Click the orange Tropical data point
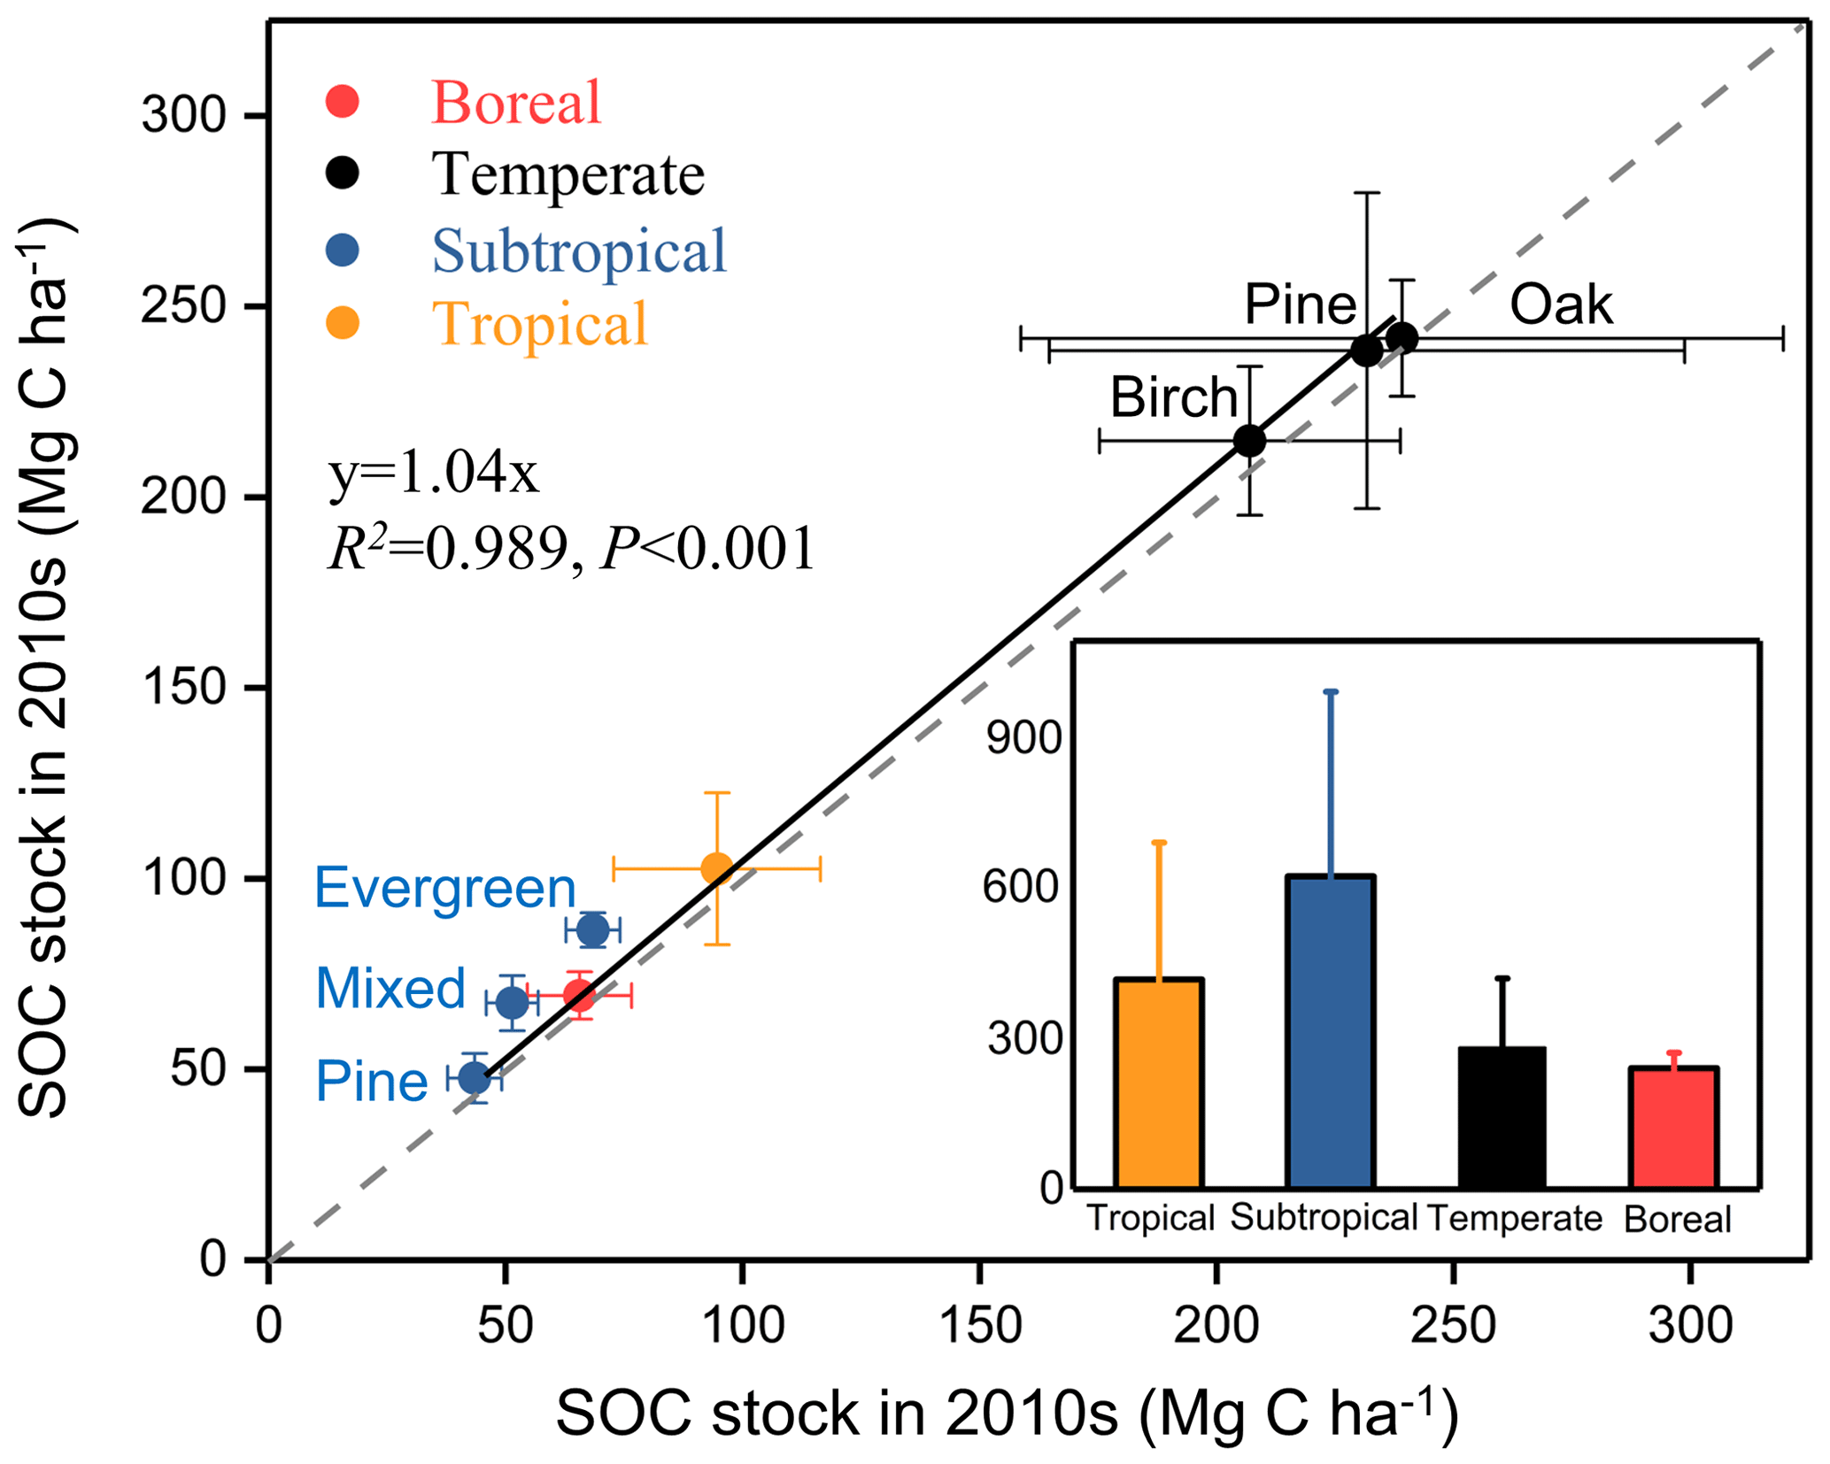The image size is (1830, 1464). (716, 868)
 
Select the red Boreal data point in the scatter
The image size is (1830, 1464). (579, 996)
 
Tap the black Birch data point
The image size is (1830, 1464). (1249, 440)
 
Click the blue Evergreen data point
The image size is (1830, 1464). (593, 930)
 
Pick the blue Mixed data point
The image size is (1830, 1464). (512, 1003)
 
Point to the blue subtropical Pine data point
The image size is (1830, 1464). (475, 1078)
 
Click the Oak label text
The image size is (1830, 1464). (1561, 305)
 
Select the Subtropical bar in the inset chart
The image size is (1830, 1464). (1331, 1031)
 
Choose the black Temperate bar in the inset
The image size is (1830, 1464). (1502, 1117)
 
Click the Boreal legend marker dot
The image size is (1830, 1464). (343, 101)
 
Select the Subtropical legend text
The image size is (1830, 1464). (579, 250)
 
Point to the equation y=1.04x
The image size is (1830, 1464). (433, 474)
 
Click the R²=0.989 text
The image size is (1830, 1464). (447, 549)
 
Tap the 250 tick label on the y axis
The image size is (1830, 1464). (183, 306)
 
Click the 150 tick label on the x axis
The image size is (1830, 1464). (979, 1326)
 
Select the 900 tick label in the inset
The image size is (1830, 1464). (1023, 736)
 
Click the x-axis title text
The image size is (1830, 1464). (1007, 1414)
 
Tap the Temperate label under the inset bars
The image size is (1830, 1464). (1515, 1219)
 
